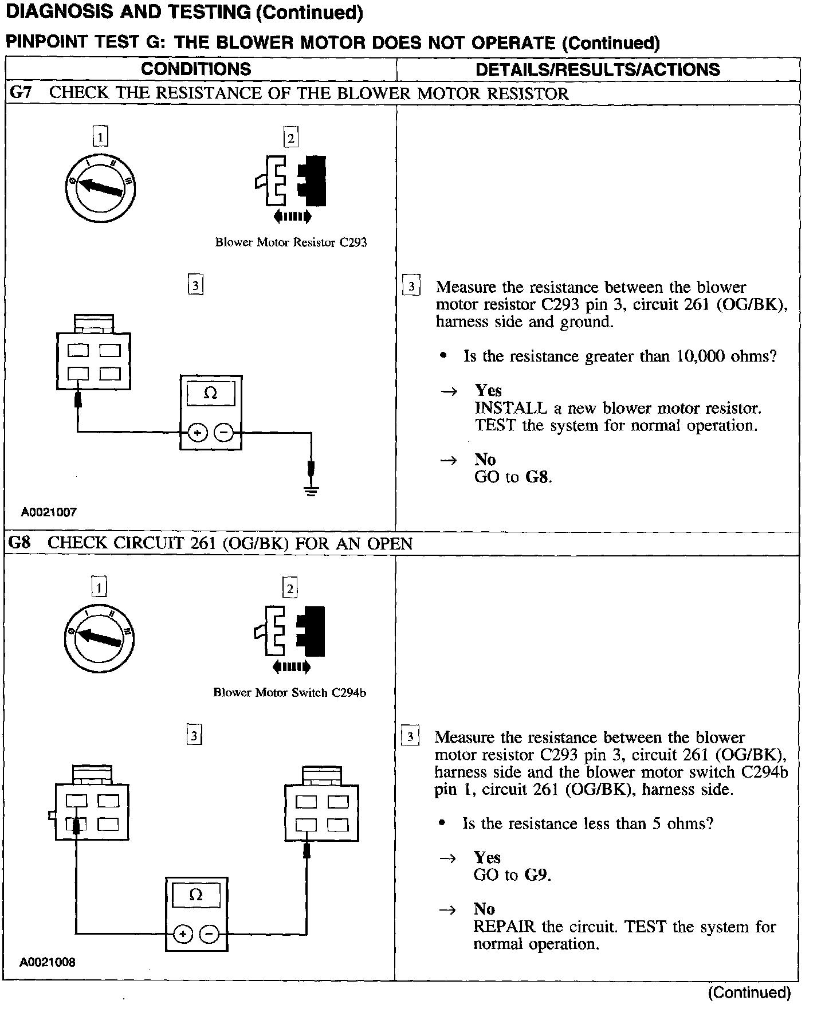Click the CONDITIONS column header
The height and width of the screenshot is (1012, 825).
pyautogui.click(x=196, y=69)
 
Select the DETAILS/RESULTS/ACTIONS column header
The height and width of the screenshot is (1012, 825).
pyautogui.click(x=598, y=69)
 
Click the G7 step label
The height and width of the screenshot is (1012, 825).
pyautogui.click(x=21, y=93)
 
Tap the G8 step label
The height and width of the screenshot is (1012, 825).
pyautogui.click(x=20, y=543)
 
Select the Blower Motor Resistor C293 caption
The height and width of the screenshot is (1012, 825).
pyautogui.click(x=290, y=242)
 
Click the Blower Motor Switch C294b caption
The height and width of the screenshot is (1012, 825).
pyautogui.click(x=289, y=692)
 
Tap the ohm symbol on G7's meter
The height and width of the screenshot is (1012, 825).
pyautogui.click(x=211, y=393)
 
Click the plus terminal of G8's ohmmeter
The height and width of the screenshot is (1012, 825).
pyautogui.click(x=183, y=935)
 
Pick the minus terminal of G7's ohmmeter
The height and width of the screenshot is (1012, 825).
pyautogui.click(x=224, y=433)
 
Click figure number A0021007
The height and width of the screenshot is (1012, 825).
pyautogui.click(x=49, y=512)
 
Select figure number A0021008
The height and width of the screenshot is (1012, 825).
pyautogui.click(x=48, y=962)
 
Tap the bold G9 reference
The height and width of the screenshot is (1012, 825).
pyautogui.click(x=537, y=875)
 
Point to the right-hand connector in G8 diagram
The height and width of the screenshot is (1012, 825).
pyautogui.click(x=322, y=805)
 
